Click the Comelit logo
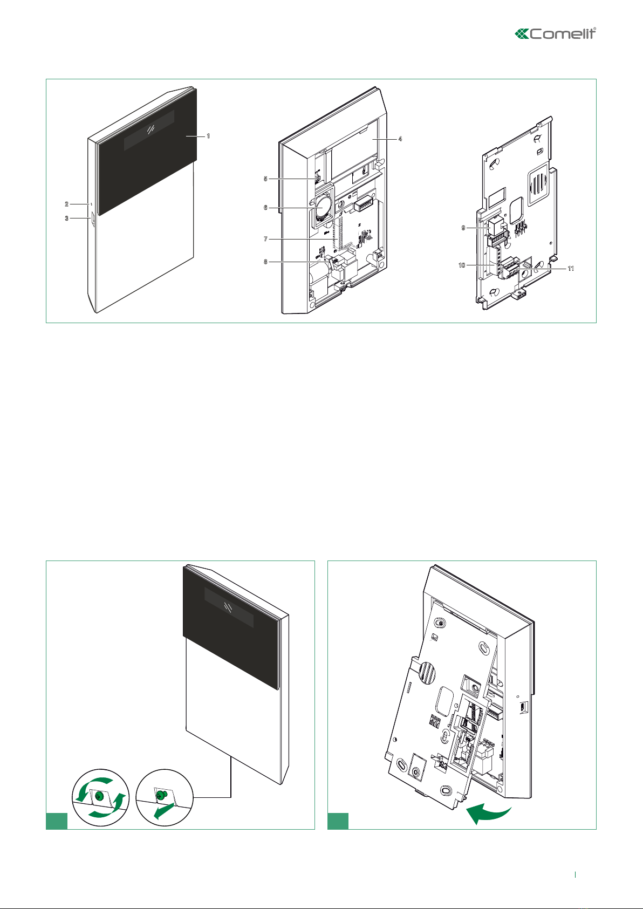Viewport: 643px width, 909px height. click(x=556, y=33)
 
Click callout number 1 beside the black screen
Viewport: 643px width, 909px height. click(x=208, y=136)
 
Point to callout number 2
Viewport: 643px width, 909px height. click(x=67, y=204)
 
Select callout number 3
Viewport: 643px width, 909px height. click(x=67, y=218)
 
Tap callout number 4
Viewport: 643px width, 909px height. click(x=400, y=139)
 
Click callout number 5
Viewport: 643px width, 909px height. click(x=266, y=179)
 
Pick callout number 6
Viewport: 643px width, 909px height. click(x=266, y=208)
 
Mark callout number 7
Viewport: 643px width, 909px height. click(x=266, y=239)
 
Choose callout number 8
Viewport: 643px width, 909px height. click(x=266, y=262)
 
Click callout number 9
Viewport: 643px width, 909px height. click(x=463, y=228)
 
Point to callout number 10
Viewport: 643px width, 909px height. click(x=462, y=265)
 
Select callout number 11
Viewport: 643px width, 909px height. click(x=571, y=269)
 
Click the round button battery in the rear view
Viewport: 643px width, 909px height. click(x=323, y=206)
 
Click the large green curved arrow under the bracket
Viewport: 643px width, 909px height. click(x=488, y=813)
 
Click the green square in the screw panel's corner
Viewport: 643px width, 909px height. click(x=57, y=821)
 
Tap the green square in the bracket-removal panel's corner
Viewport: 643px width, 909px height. click(x=338, y=821)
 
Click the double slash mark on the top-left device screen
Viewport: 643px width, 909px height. click(x=151, y=130)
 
